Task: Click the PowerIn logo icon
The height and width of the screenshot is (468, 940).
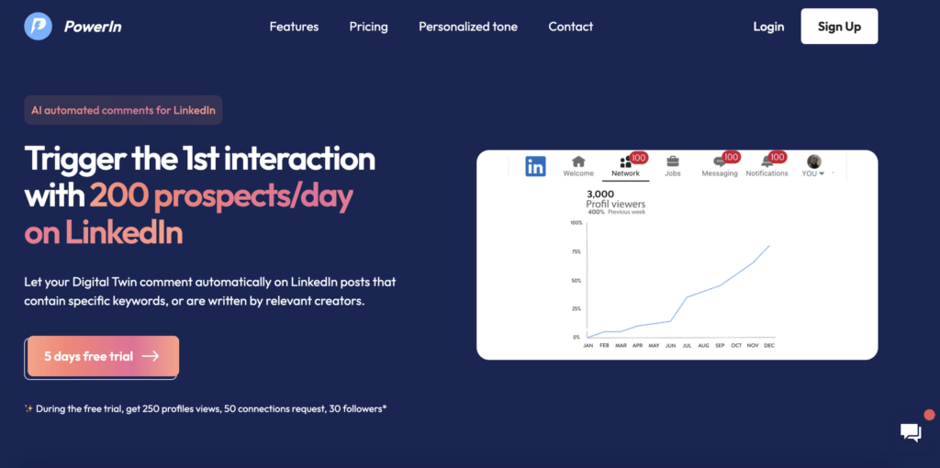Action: point(38,27)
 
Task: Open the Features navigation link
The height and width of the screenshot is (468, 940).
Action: point(294,27)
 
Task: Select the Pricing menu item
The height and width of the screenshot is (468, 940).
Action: point(368,27)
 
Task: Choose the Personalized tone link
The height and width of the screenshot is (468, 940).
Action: point(468,27)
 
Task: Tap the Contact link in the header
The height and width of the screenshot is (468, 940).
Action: point(571,27)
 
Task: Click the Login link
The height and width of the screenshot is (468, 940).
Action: point(768,27)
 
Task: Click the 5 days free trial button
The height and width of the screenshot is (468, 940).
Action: point(101,356)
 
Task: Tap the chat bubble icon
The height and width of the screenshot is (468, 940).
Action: point(911,433)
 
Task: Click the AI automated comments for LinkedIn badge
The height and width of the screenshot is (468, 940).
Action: point(123,110)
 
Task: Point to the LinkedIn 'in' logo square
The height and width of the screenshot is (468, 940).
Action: point(535,166)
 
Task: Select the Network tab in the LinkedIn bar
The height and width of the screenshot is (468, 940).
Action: point(625,166)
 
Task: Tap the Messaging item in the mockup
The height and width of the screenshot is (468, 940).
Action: point(720,166)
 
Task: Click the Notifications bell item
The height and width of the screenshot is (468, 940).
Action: point(767,166)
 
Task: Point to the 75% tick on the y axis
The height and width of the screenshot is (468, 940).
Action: point(576,251)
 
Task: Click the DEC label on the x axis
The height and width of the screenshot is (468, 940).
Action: point(768,346)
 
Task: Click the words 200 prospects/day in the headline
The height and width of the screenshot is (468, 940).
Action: point(221,195)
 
